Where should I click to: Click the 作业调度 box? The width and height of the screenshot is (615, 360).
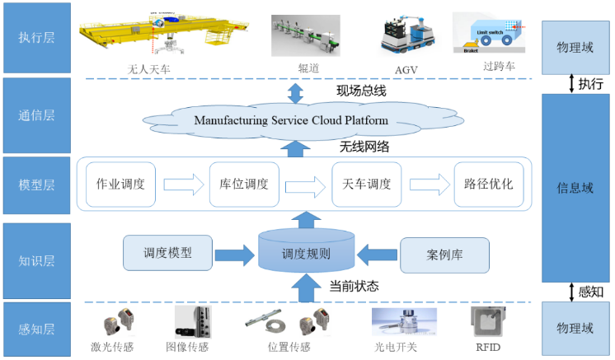point(121,184)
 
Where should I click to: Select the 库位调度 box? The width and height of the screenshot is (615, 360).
point(245,184)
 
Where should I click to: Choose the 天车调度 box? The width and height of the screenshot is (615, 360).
point(367,184)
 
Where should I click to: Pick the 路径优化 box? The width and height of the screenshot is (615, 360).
point(489,184)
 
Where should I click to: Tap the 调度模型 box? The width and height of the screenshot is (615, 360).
point(167,253)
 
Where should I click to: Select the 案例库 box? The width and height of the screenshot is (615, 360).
point(444,255)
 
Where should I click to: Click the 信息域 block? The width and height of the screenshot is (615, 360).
point(575,188)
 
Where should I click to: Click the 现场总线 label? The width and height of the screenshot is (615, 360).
point(361,91)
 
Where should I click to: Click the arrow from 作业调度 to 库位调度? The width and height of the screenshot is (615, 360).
point(183,184)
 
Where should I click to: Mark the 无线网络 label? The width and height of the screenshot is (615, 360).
point(364,147)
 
